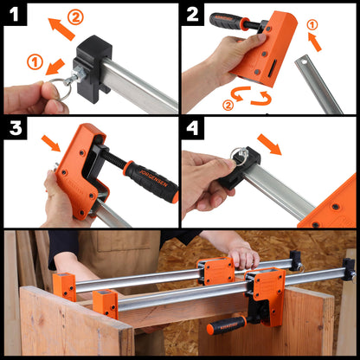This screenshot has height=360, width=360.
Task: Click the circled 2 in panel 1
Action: click(x=75, y=16)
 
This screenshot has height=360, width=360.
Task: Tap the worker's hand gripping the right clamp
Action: click(x=243, y=256)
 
